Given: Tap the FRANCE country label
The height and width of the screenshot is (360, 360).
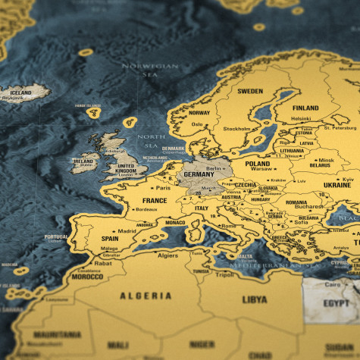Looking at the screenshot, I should (155, 201).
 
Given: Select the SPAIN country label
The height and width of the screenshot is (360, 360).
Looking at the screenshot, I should (111, 239).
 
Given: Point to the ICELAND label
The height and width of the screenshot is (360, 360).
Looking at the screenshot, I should (21, 92).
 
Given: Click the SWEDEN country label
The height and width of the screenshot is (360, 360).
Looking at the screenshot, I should (250, 91).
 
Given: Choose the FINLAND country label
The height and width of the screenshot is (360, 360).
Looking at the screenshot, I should (305, 108).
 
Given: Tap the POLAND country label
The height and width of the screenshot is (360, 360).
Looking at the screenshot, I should (258, 163).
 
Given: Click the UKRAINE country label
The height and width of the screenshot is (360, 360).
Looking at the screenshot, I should (337, 185).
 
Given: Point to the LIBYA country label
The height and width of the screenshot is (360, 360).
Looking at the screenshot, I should (255, 299).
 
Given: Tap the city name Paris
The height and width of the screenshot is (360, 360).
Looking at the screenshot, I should (162, 188).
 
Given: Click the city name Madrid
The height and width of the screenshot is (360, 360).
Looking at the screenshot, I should (127, 231).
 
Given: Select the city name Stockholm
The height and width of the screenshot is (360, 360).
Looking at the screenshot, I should (236, 129).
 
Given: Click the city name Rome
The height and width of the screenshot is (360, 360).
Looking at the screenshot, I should (229, 226).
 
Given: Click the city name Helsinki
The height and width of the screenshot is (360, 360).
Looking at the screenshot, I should (302, 118).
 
